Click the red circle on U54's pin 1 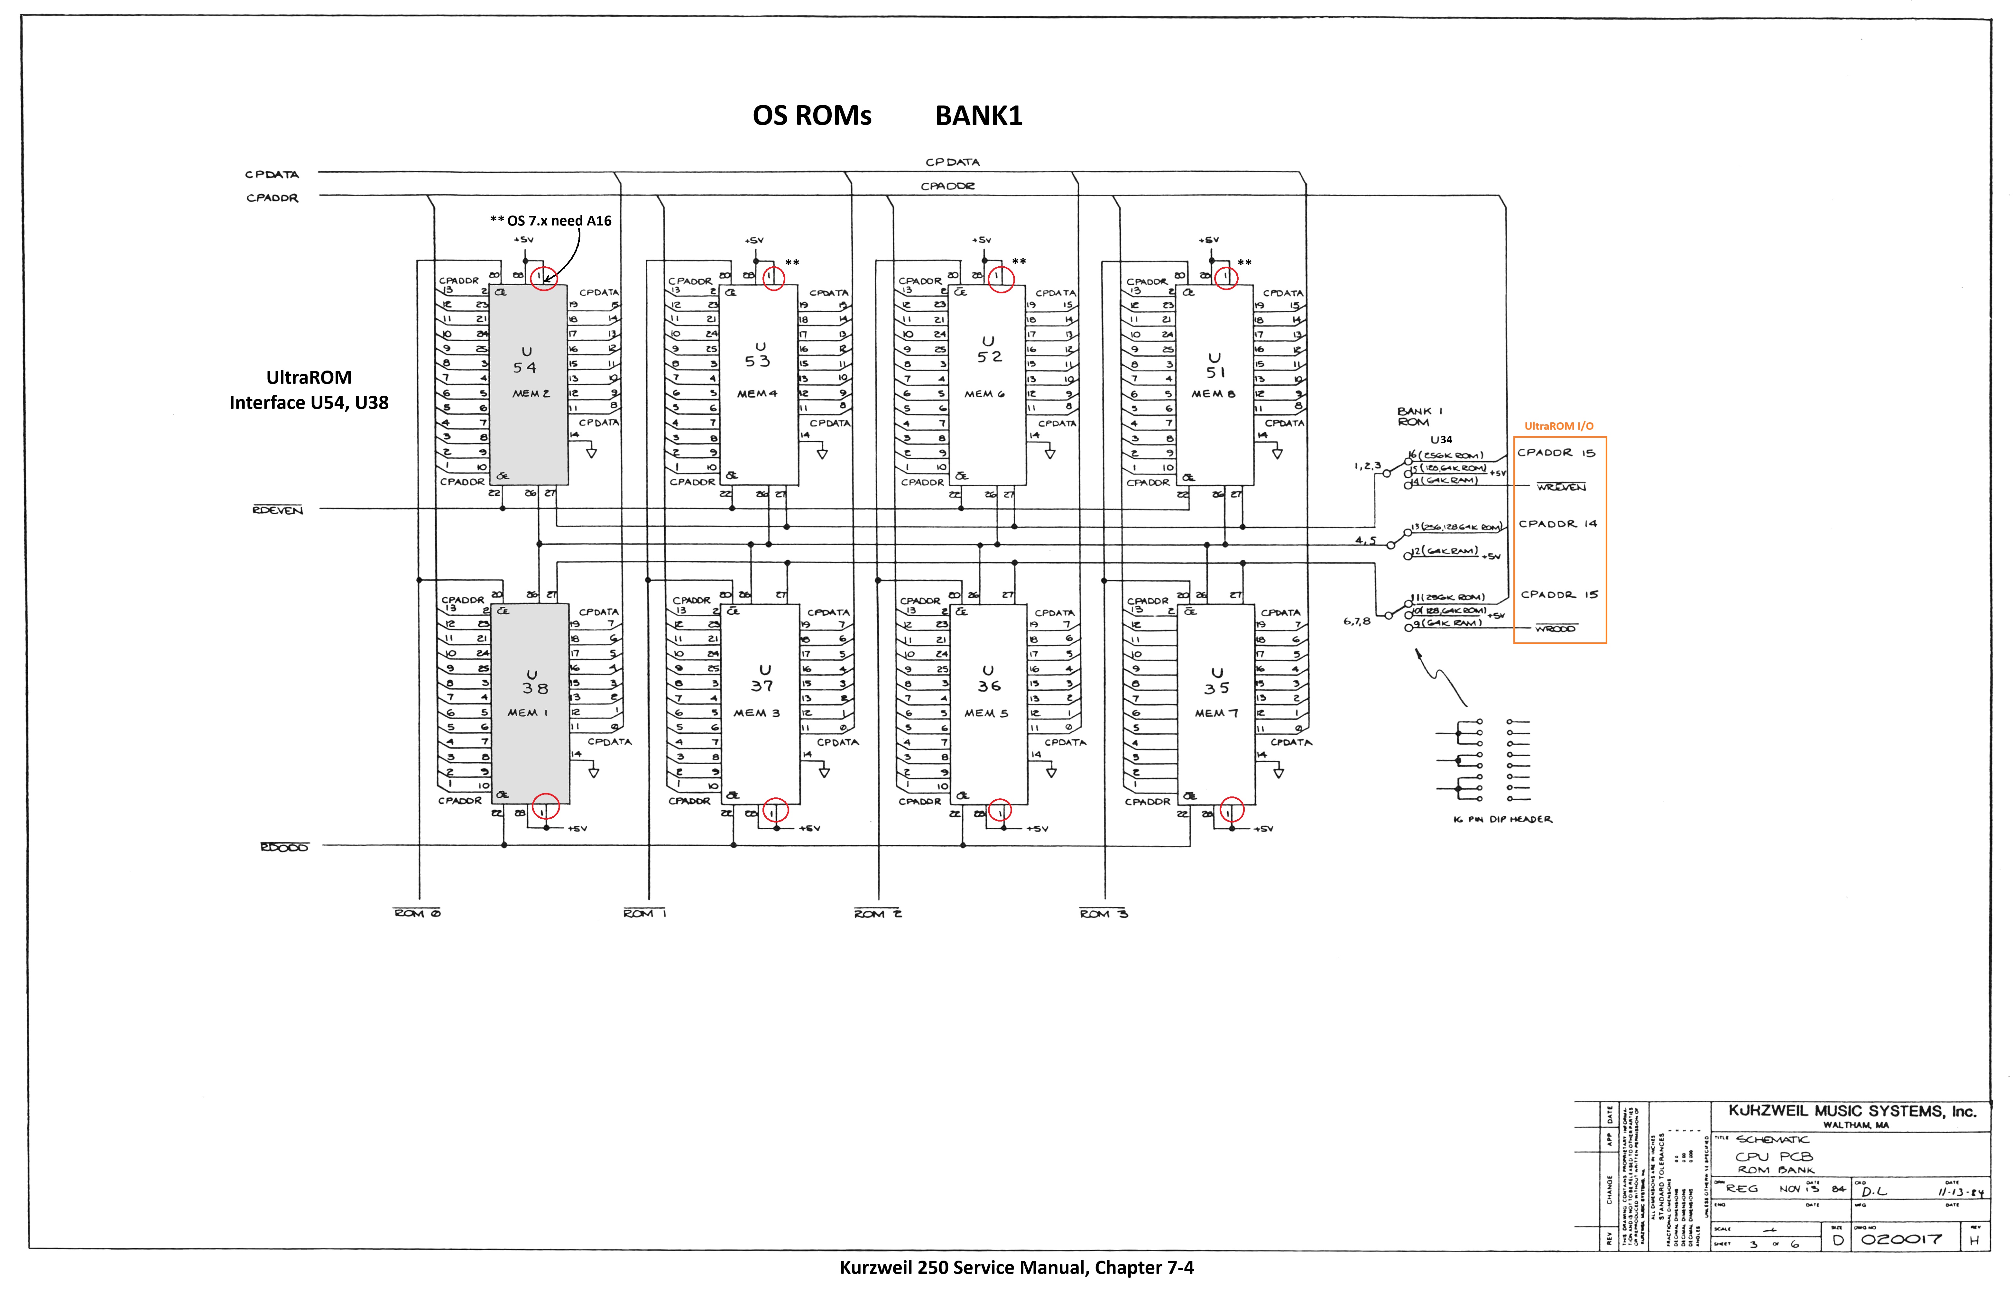coord(544,277)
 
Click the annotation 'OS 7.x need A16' coord(551,220)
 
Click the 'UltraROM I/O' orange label coord(1558,426)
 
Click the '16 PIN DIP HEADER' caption coord(1502,819)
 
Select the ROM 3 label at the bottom coord(1103,913)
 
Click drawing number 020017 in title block coord(1901,1239)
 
